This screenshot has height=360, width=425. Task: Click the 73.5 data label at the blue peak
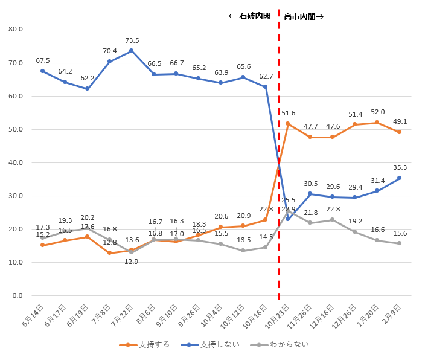pyautogui.click(x=132, y=41)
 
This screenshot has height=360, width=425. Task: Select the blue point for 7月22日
pyautogui.click(x=132, y=51)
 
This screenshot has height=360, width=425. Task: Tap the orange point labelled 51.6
pyautogui.click(x=287, y=124)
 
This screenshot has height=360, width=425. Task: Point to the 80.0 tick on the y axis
pyautogui.click(x=16, y=29)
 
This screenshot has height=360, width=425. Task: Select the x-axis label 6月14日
pyautogui.click(x=33, y=315)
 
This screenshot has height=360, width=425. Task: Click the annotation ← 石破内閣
pyautogui.click(x=249, y=16)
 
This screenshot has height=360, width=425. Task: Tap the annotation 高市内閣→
pyautogui.click(x=304, y=16)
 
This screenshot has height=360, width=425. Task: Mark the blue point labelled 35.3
pyautogui.click(x=399, y=178)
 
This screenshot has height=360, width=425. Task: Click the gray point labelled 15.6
pyautogui.click(x=399, y=243)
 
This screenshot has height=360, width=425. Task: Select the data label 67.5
pyautogui.click(x=43, y=60)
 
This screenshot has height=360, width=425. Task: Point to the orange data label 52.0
pyautogui.click(x=377, y=112)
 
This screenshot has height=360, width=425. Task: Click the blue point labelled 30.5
pyautogui.click(x=310, y=194)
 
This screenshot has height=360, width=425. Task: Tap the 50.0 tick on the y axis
pyautogui.click(x=16, y=129)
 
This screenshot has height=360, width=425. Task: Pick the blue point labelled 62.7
pyautogui.click(x=265, y=87)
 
